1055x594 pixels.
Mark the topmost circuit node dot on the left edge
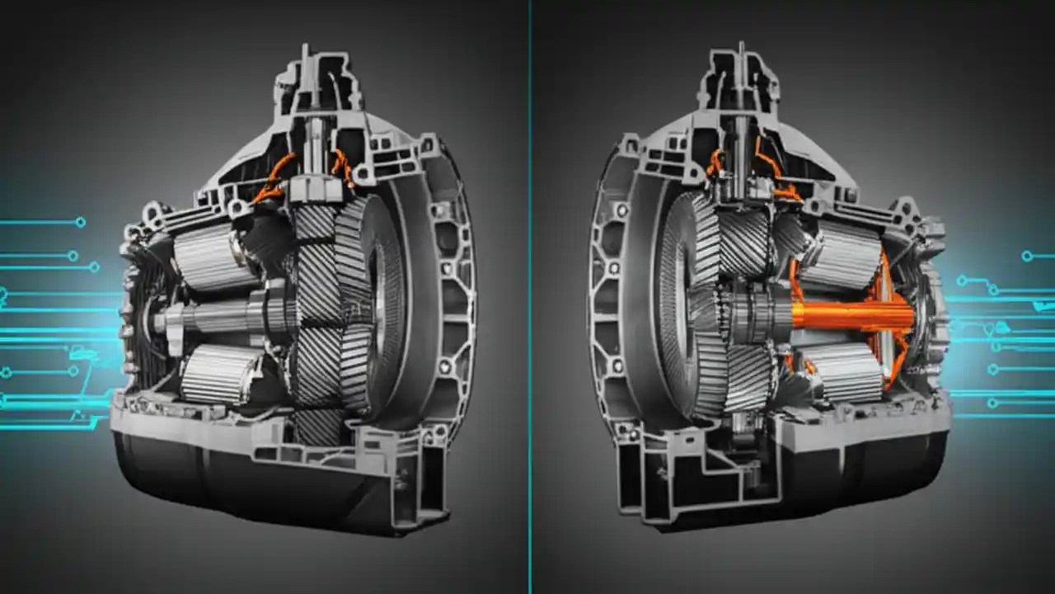(x=80, y=222)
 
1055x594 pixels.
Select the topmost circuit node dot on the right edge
(x=1027, y=257)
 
